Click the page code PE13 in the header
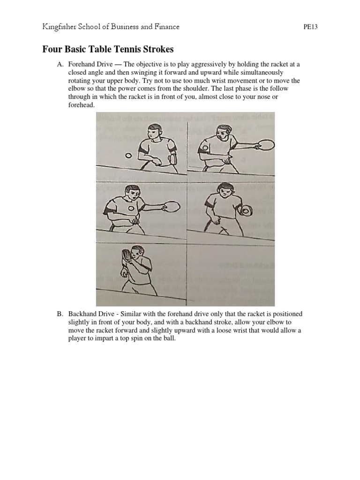311,27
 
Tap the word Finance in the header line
164,27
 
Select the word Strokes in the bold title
157,49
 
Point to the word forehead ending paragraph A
81,105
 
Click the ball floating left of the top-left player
127,155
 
